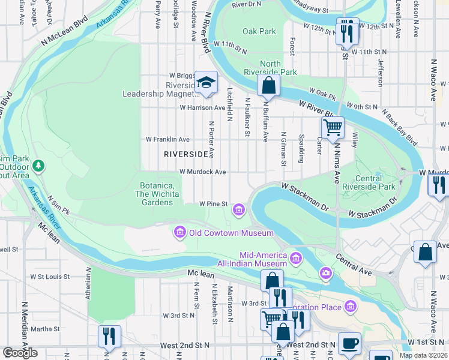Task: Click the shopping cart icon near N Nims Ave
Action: point(333,127)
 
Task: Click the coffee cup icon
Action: point(349,344)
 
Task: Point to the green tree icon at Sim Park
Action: point(39,164)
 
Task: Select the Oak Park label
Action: point(259,31)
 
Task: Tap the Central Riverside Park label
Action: point(361,182)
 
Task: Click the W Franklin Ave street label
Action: point(168,139)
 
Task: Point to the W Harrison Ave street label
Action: point(202,108)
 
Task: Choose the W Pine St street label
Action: point(213,204)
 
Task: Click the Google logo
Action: point(20,353)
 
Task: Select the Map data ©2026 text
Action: point(424,355)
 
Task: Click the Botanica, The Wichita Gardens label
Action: point(157,194)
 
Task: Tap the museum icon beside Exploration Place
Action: point(351,307)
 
